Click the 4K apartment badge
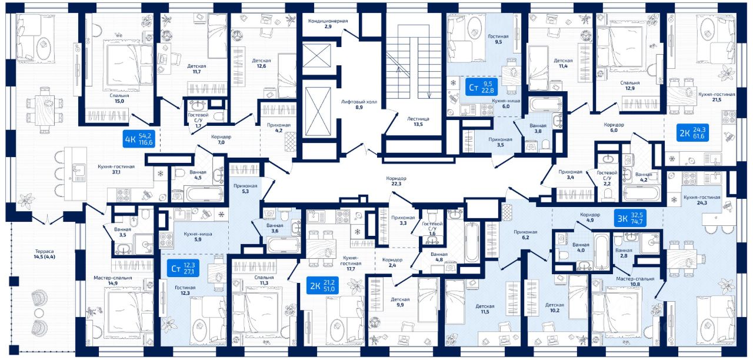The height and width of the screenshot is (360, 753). click(x=139, y=139)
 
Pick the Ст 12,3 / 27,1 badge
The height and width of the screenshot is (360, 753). click(x=183, y=268)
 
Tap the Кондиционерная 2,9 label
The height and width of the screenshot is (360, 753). click(x=328, y=24)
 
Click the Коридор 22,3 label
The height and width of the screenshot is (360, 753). click(x=397, y=181)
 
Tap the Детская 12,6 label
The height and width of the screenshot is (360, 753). click(x=261, y=63)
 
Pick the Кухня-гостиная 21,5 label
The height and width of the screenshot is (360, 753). click(x=717, y=97)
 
